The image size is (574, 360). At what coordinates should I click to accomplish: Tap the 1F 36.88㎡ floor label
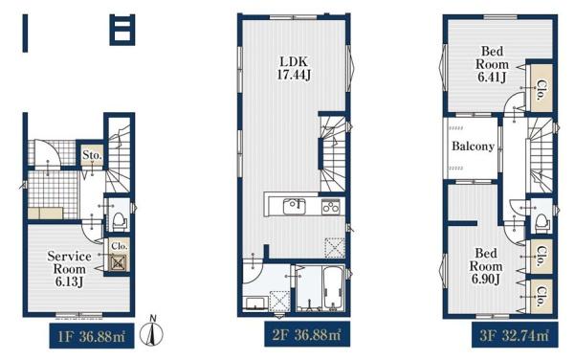pos(92,336)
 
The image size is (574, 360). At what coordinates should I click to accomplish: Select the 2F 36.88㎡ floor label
pos(307,334)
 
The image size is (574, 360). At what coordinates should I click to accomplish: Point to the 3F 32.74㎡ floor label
pos(515,335)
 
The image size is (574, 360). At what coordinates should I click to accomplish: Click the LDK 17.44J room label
pos(294,68)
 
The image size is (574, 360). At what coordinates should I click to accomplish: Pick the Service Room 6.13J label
pos(69,269)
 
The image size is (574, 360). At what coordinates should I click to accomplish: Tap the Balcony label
pos(473,146)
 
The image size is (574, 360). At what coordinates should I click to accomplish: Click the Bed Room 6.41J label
pos(492,64)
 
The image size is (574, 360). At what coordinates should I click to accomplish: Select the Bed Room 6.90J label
pos(486,266)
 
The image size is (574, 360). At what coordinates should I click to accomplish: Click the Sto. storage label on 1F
pos(92,155)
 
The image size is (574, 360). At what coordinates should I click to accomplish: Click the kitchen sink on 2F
pos(295,207)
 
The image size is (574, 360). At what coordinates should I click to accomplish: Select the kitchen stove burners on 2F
pos(331,207)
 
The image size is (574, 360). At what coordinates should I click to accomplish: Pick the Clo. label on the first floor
pos(120,246)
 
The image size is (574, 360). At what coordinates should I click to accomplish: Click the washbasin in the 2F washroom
pos(255,304)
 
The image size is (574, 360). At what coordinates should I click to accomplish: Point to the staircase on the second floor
pos(333,154)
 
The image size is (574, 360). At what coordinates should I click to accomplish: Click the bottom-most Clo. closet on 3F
pos(541,296)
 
